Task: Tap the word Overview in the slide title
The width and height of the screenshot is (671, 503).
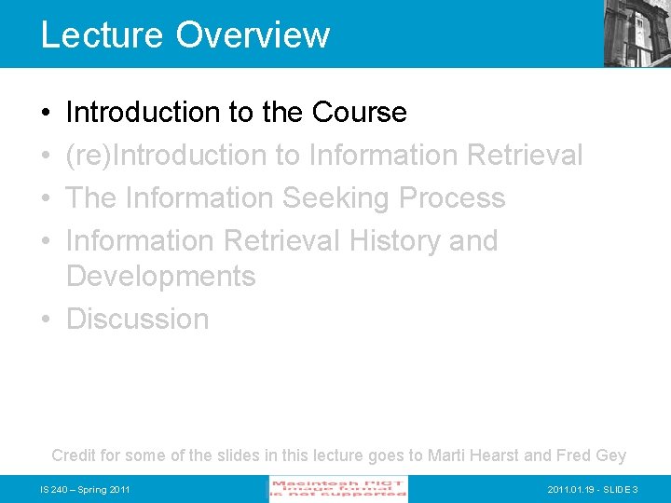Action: pyautogui.click(x=253, y=35)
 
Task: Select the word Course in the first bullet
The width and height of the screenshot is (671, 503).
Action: pyautogui.click(x=360, y=113)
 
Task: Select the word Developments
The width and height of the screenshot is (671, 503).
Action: pyautogui.click(x=160, y=277)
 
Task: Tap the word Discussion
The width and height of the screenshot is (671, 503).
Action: pyautogui.click(x=138, y=319)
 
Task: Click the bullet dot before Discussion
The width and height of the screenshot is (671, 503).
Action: pyautogui.click(x=46, y=319)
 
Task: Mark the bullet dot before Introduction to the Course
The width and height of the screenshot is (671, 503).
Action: pyautogui.click(x=46, y=113)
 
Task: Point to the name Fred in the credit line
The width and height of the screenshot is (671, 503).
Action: pyautogui.click(x=574, y=455)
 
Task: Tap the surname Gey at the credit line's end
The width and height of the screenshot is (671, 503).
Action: pyautogui.click(x=611, y=455)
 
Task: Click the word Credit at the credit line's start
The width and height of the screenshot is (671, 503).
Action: pyautogui.click(x=72, y=455)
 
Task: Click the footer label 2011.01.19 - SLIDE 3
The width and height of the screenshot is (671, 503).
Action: pyautogui.click(x=592, y=490)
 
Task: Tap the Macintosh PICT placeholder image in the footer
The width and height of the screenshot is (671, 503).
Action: pyautogui.click(x=338, y=489)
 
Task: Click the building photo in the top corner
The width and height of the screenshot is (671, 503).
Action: pyautogui.click(x=637, y=33)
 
